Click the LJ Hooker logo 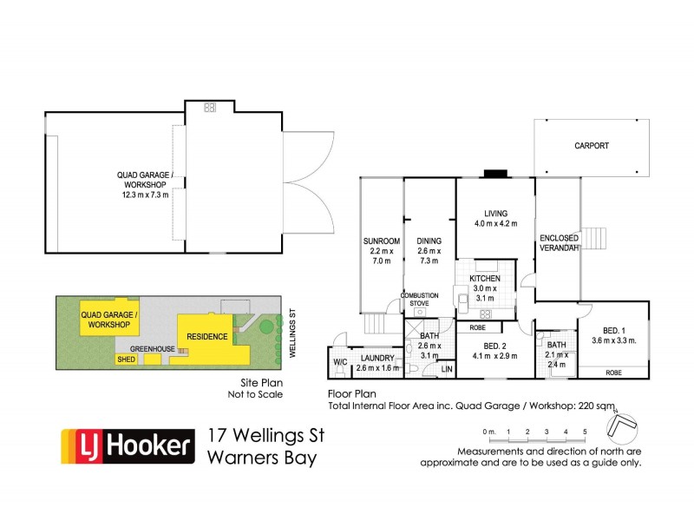point(125,446)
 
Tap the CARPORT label point(592,146)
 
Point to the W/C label point(340,362)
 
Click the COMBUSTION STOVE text point(419,300)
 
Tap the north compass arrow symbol point(623,425)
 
